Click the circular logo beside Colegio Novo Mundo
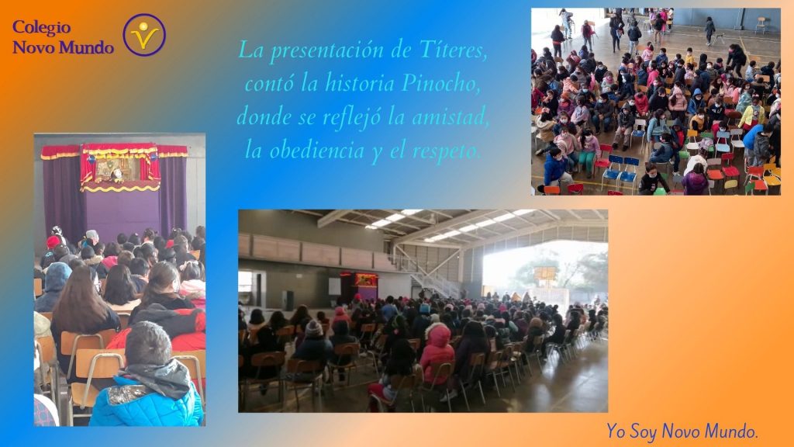[144, 34]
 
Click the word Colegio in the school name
[42, 27]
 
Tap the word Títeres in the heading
[453, 50]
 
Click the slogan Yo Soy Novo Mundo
[682, 431]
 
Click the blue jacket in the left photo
[146, 401]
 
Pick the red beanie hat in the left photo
[53, 242]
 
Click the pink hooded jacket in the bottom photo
[437, 352]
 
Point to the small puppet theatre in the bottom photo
[361, 286]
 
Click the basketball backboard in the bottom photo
[546, 274]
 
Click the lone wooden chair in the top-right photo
[761, 24]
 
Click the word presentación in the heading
[326, 51]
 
